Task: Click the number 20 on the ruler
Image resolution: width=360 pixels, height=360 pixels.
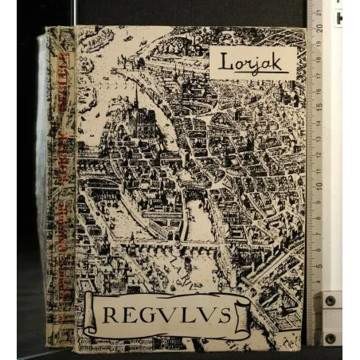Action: tap(319, 26)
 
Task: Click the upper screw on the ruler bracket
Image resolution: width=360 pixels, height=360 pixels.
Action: tap(329, 301)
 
